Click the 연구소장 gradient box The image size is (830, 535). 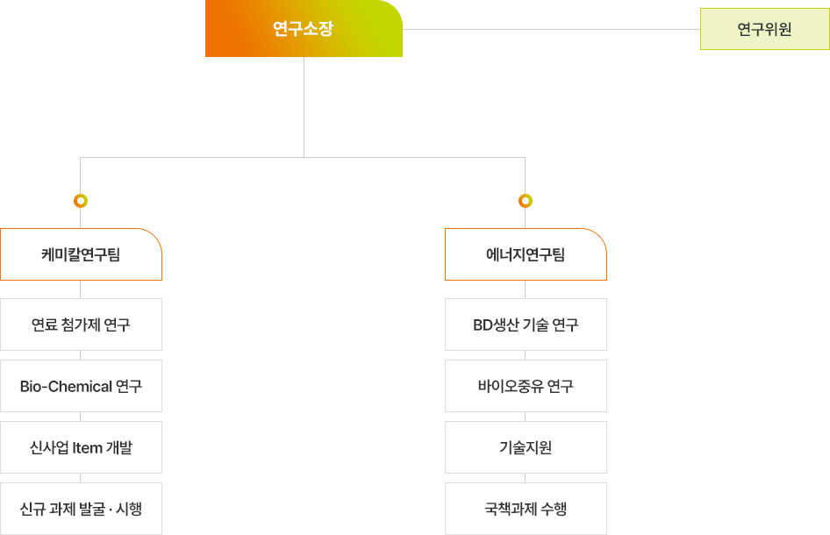[304, 28]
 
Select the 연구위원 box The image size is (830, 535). [765, 29]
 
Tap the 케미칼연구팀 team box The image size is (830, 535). [81, 254]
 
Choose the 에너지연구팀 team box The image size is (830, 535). [526, 254]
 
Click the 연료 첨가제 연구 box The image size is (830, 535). [81, 325]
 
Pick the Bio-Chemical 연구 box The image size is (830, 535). [81, 386]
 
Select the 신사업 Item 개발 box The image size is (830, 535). [81, 447]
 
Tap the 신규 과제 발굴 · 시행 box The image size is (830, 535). [81, 509]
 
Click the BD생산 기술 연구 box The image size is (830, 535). [526, 325]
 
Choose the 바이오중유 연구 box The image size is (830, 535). [526, 386]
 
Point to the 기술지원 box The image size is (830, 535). [526, 447]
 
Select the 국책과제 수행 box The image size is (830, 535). [526, 509]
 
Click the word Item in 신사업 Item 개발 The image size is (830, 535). [88, 447]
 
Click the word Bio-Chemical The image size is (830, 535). [66, 386]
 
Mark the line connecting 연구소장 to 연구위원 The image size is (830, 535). [552, 29]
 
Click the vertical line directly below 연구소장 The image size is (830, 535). [304, 107]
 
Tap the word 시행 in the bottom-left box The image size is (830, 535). [129, 509]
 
